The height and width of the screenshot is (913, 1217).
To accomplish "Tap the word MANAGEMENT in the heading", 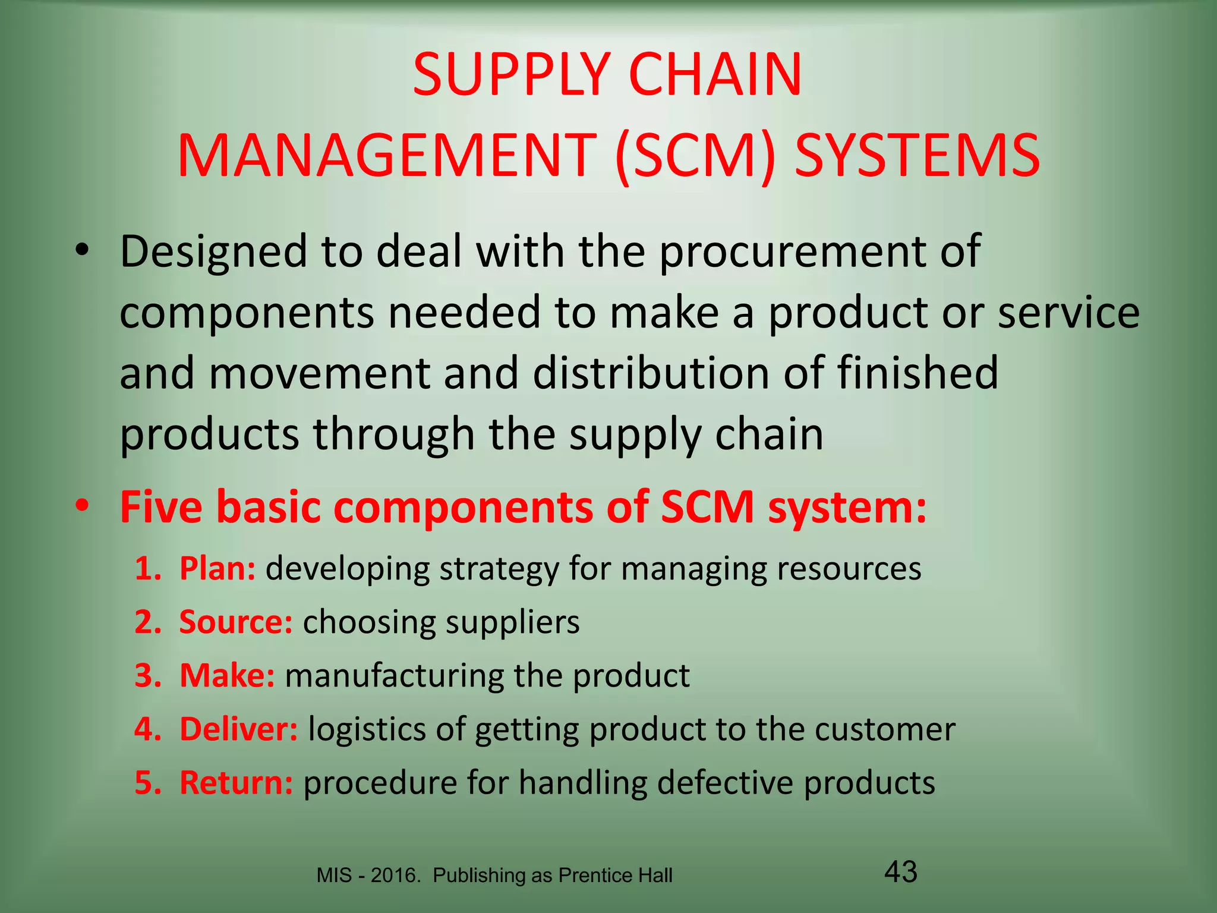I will (387, 156).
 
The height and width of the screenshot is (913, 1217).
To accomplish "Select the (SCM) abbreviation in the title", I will (696, 156).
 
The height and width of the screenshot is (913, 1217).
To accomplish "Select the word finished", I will (918, 373).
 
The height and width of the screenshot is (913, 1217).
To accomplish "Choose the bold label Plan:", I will (217, 569).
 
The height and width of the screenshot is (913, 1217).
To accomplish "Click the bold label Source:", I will (236, 622).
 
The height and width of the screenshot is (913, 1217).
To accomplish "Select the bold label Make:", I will (227, 676).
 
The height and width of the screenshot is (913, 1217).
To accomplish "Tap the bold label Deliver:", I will (238, 729).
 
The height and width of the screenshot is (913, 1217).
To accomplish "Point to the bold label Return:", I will (236, 783).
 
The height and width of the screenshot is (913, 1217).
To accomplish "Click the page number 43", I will (901, 873).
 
